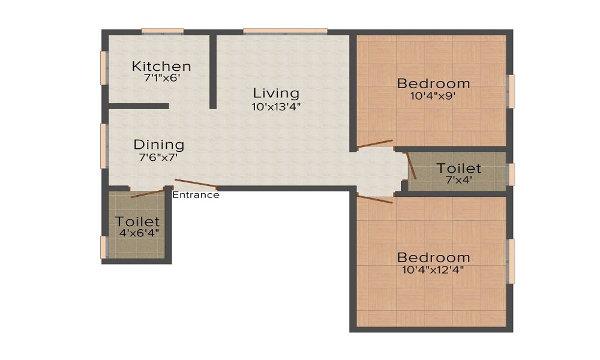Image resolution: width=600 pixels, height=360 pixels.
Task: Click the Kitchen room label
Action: [161, 66]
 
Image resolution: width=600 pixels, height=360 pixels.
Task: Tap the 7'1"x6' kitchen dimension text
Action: [162, 78]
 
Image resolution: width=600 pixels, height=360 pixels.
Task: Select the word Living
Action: [276, 94]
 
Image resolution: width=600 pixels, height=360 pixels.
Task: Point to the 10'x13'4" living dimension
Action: [276, 107]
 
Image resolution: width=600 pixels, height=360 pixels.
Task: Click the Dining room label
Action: [159, 145]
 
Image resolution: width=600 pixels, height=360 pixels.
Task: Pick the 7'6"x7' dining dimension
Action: [158, 157]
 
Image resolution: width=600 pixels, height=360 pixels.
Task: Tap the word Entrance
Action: [196, 195]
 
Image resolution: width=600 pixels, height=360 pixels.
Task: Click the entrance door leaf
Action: [196, 184]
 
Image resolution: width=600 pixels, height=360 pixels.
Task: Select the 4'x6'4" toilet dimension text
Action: [139, 233]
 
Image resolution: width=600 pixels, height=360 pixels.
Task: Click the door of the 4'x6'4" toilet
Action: [148, 193]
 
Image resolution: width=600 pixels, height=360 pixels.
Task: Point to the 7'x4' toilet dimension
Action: [459, 179]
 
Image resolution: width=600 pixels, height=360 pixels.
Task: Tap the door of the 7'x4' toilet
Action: [411, 166]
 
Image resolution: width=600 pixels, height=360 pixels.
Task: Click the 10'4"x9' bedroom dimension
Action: [433, 95]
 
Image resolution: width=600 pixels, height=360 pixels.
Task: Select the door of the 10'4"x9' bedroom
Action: [375, 143]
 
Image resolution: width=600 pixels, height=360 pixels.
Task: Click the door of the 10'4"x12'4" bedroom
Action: [374, 199]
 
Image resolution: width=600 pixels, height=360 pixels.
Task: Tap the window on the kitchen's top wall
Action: [163, 31]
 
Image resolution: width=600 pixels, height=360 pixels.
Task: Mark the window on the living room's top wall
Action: [285, 31]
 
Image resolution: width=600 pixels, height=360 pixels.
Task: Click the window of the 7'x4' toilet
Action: [511, 175]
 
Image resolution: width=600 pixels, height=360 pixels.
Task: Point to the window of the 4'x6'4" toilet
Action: [104, 247]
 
